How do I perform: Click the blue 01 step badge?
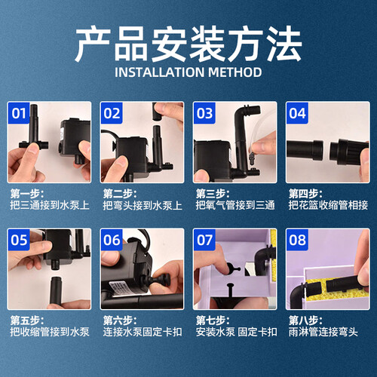(19, 113)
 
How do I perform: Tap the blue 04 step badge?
(297, 113)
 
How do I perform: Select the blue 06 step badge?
(112, 240)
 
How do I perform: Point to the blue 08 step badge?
(297, 240)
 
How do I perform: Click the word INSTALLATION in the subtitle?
(159, 72)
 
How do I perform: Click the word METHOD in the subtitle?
(234, 72)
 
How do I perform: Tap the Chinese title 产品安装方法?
(188, 44)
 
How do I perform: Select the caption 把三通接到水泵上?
(50, 205)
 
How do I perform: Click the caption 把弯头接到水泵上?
(143, 205)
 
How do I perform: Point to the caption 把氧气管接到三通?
(235, 205)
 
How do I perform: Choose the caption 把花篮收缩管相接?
(328, 205)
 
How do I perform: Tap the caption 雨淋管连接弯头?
(323, 332)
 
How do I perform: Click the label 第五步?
(27, 320)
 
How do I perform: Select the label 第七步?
(213, 320)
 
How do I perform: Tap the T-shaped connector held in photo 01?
(33, 136)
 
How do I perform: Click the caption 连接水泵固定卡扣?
(143, 332)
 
